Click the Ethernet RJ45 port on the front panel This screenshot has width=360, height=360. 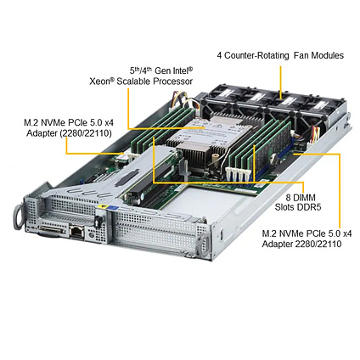pos(76,231)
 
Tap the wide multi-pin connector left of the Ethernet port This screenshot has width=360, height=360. pos(53,229)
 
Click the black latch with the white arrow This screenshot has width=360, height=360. pos(98,222)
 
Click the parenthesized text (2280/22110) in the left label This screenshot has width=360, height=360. pos(86,133)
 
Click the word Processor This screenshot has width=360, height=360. pos(172,82)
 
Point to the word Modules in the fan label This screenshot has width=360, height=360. pos(328,55)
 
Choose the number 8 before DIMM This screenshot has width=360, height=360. pos(289,198)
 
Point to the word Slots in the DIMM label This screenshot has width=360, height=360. pos(284,207)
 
